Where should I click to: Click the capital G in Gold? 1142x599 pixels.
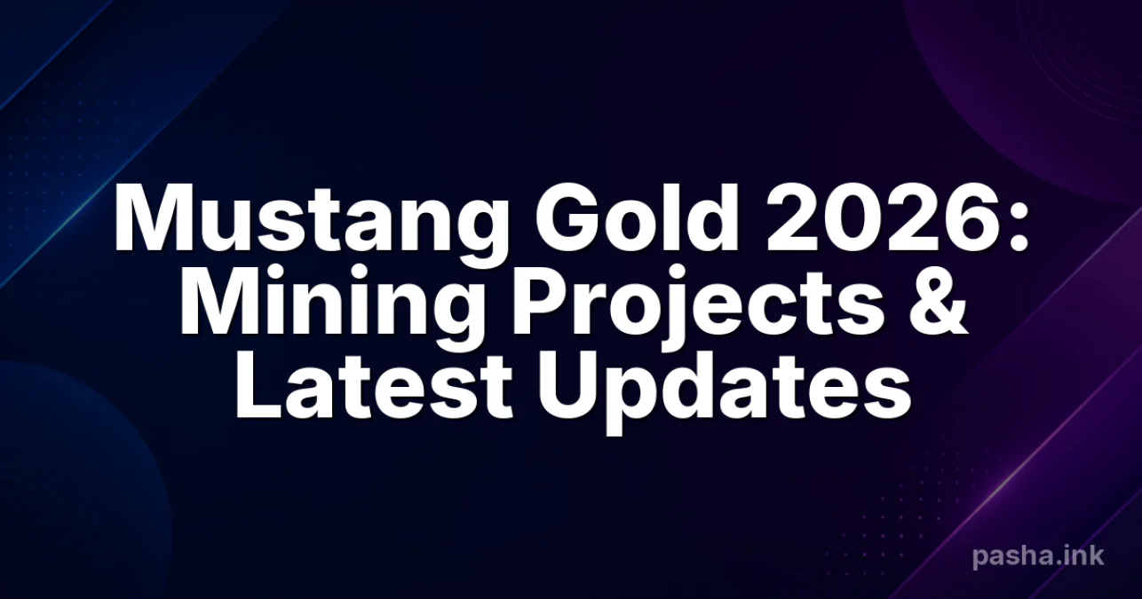[565, 219]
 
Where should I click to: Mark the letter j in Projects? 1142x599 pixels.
[678, 310]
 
